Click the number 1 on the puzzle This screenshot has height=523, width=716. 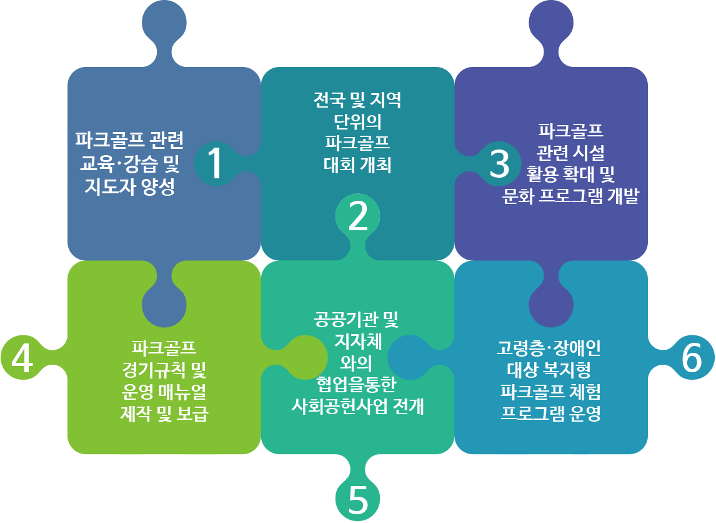pos(214,164)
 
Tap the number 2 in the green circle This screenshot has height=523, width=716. pos(358,216)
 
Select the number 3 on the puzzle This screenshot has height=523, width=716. pos(499,164)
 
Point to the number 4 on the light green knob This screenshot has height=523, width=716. pos(22,359)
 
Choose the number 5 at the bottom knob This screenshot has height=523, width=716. pos(357,500)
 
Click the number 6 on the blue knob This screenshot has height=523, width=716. pos(692,359)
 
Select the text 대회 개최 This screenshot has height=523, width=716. pos(357,165)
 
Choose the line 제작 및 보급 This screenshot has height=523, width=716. pos(164,414)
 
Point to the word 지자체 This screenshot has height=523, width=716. pos(358,342)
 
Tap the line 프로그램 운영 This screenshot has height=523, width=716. pos(550,414)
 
